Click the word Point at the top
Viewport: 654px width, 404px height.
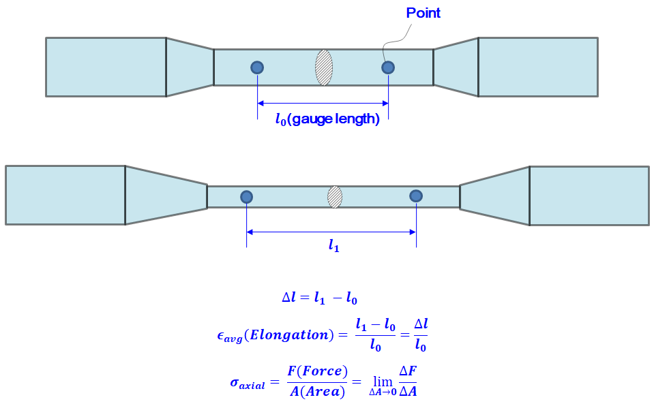[x=423, y=13]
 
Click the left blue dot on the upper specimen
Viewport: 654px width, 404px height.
[x=257, y=67]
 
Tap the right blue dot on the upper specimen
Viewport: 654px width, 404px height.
[x=388, y=67]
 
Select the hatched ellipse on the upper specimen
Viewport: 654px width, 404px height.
[x=324, y=67]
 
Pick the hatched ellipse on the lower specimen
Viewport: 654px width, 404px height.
[x=335, y=197]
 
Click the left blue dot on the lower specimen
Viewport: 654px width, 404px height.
[x=247, y=197]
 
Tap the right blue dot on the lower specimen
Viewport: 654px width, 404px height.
[x=416, y=196]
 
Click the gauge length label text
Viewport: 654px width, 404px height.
[x=327, y=119]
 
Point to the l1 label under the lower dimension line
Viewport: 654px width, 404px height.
[x=333, y=247]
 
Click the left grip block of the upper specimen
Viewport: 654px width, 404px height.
[x=106, y=67]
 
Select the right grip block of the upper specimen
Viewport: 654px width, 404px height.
[x=538, y=67]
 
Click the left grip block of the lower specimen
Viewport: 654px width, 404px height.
[x=65, y=195]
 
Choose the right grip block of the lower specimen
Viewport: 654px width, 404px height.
[x=589, y=196]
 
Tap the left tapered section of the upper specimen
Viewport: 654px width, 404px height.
[x=190, y=67]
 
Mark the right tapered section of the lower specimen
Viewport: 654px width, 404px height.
[x=495, y=196]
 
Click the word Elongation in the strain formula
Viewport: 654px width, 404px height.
[x=295, y=335]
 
